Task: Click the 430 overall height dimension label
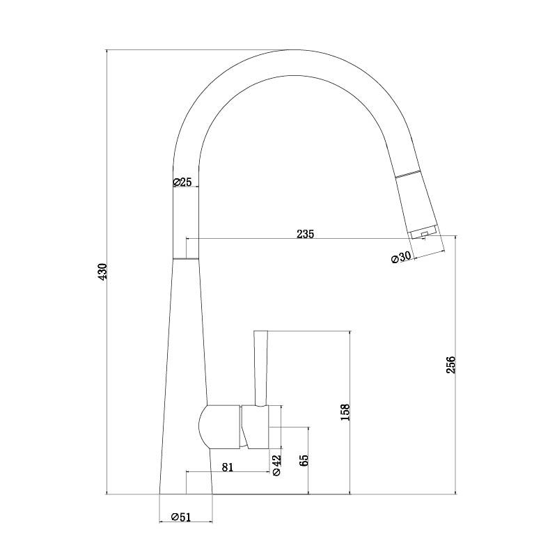point(102,272)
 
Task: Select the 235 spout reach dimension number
point(306,234)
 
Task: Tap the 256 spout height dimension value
point(450,364)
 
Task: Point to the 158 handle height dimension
point(345,412)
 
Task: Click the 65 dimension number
point(304,460)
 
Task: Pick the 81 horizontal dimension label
point(228,466)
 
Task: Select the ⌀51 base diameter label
point(181,517)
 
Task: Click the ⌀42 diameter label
point(276,465)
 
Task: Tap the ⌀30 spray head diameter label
point(402,257)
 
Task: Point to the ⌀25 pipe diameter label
point(182,182)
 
